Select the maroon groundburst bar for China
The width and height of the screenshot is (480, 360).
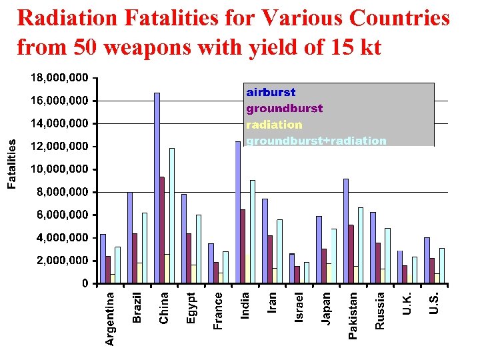pyautogui.click(x=162, y=229)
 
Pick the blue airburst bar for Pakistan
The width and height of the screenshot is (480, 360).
pyautogui.click(x=346, y=231)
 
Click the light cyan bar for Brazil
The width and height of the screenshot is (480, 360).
pyautogui.click(x=145, y=247)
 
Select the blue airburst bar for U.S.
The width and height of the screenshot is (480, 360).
pyautogui.click(x=427, y=260)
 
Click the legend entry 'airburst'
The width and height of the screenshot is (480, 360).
pyautogui.click(x=271, y=92)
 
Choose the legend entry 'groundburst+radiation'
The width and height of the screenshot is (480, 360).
pyautogui.click(x=316, y=141)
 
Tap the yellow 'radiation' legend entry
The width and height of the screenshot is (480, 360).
pyautogui.click(x=274, y=125)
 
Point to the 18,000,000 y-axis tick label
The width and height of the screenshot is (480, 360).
pyautogui.click(x=59, y=78)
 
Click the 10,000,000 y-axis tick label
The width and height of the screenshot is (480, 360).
pyautogui.click(x=59, y=169)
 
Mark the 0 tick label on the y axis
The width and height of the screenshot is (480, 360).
pyautogui.click(x=84, y=283)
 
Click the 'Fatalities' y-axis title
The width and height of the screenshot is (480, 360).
pyautogui.click(x=11, y=163)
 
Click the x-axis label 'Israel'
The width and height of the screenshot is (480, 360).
pyautogui.click(x=299, y=307)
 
